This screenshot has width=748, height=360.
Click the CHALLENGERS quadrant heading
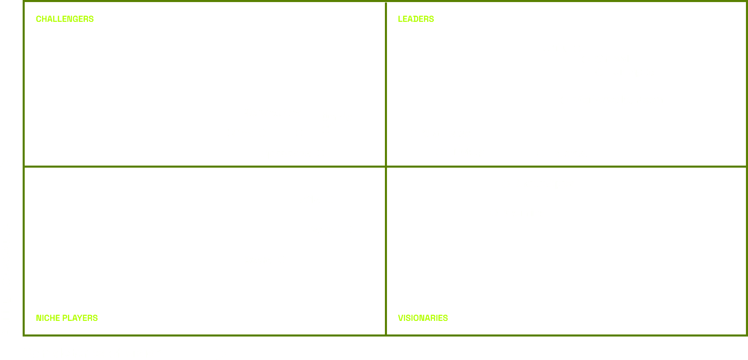coord(65,19)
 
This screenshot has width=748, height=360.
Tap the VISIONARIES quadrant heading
coord(423,318)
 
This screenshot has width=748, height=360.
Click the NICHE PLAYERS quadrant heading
coord(67,318)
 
